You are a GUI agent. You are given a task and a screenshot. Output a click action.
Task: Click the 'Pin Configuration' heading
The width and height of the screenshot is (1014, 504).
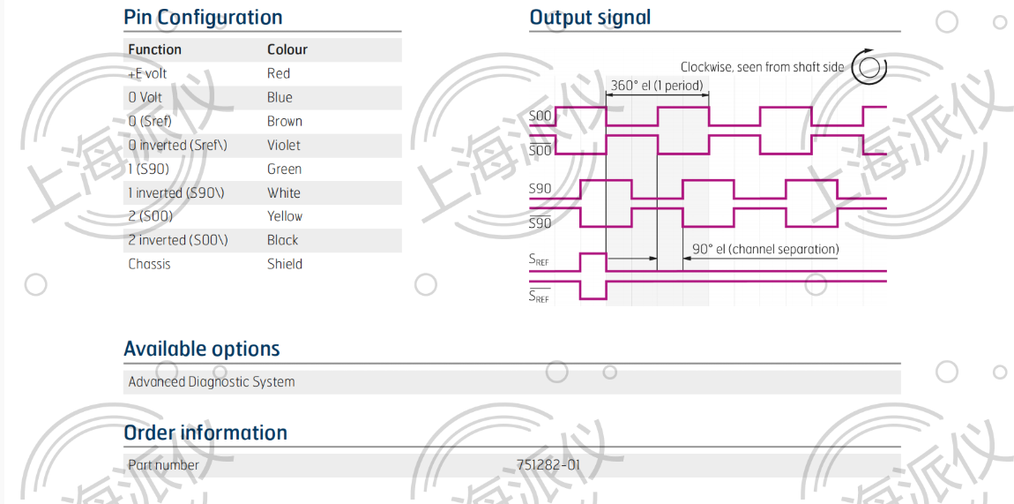[x=203, y=18]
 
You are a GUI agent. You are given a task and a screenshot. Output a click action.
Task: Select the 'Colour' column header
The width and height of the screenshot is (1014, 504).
[x=287, y=49]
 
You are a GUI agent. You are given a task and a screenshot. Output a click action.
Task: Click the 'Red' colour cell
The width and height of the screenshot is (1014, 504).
[x=279, y=74]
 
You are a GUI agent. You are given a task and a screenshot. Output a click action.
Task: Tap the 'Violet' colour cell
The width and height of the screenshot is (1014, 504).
[x=284, y=145]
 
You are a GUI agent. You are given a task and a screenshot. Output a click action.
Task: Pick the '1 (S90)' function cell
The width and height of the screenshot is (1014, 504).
[x=149, y=169]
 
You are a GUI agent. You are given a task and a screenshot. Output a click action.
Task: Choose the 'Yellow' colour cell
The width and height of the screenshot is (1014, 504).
[x=285, y=216]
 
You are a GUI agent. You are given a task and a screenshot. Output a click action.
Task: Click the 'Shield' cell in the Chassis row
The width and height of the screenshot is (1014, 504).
[x=285, y=264]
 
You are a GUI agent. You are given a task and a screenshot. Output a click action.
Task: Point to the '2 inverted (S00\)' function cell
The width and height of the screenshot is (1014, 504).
[x=178, y=240]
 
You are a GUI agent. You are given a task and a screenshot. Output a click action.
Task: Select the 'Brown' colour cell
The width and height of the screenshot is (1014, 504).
[x=285, y=121]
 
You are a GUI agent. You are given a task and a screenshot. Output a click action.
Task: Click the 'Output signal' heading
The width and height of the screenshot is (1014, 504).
[x=590, y=18]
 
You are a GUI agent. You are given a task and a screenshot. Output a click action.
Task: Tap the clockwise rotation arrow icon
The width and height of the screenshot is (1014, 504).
[x=869, y=66]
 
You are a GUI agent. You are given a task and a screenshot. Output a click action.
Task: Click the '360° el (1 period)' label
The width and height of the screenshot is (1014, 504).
[x=656, y=85]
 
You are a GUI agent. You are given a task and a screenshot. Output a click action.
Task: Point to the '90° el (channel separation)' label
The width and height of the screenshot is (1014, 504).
[x=765, y=249]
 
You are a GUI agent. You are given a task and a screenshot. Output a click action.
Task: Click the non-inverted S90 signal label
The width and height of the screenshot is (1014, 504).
[x=540, y=189]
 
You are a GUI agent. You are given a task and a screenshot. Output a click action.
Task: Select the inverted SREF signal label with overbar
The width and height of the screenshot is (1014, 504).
[x=540, y=296]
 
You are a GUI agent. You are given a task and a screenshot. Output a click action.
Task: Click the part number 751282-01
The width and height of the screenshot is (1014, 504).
[x=548, y=464]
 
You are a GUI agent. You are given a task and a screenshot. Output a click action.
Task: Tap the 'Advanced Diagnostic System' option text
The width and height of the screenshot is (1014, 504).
[x=212, y=381]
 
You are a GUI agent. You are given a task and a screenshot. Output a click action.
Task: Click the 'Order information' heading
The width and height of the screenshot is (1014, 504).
[x=205, y=433]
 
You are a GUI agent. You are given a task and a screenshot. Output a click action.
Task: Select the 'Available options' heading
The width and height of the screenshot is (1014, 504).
[x=202, y=349]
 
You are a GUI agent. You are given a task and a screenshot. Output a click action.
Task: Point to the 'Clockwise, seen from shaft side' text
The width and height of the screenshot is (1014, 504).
[x=763, y=66]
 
